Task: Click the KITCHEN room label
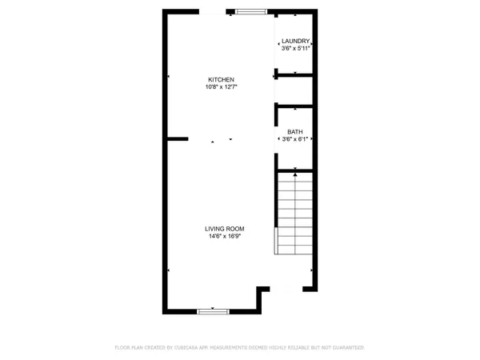point(221,79)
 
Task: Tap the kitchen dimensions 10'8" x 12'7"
point(221,87)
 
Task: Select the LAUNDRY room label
point(296,40)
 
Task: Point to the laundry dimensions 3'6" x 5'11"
point(296,48)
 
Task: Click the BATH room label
point(295,131)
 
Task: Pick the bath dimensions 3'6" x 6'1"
point(295,139)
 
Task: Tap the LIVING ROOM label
point(224,229)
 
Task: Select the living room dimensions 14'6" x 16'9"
point(224,237)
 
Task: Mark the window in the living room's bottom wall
point(213,310)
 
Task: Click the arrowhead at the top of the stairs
point(296,171)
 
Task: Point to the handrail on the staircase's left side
point(277,240)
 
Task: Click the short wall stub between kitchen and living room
point(178,138)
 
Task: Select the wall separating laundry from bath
point(294,77)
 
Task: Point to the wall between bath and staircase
point(294,167)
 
